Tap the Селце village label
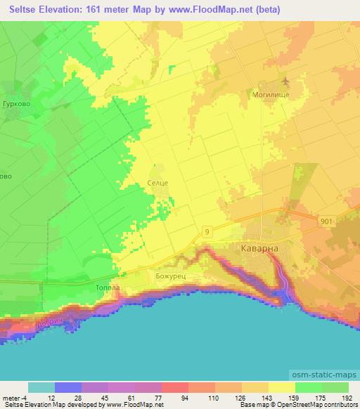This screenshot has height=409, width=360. [157, 183]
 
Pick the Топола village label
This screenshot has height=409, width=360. [98, 288]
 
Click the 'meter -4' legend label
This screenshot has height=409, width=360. [13, 396]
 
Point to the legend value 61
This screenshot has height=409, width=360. [128, 396]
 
